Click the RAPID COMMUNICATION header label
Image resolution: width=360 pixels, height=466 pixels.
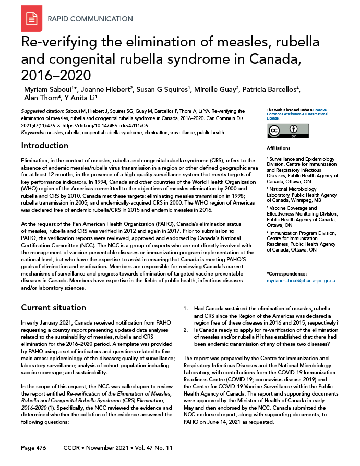click(x=90, y=19)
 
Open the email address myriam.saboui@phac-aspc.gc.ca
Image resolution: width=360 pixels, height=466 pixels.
click(x=301, y=281)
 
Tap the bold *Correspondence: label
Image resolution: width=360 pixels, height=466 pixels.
click(x=286, y=274)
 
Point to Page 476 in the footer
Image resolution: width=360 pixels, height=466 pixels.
click(x=34, y=448)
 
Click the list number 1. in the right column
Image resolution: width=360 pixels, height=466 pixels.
click(x=186, y=308)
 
